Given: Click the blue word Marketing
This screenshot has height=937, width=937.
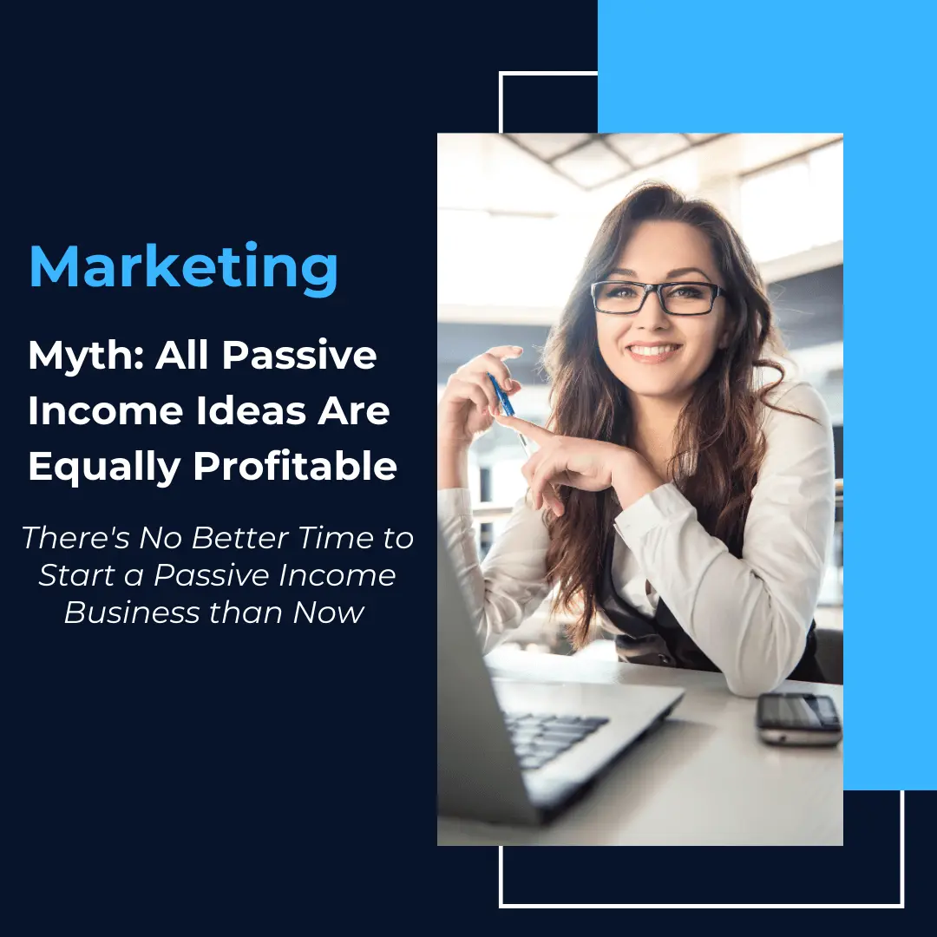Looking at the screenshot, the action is (x=183, y=268).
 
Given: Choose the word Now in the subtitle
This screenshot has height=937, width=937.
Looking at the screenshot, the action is (x=329, y=613).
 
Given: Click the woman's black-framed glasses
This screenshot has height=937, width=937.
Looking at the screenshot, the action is (x=658, y=298).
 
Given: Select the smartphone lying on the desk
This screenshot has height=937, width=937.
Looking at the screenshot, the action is (x=798, y=718).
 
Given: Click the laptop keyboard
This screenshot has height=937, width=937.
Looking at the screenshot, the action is (x=553, y=738).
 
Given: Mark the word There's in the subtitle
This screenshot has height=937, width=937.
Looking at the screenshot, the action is (x=75, y=538).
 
